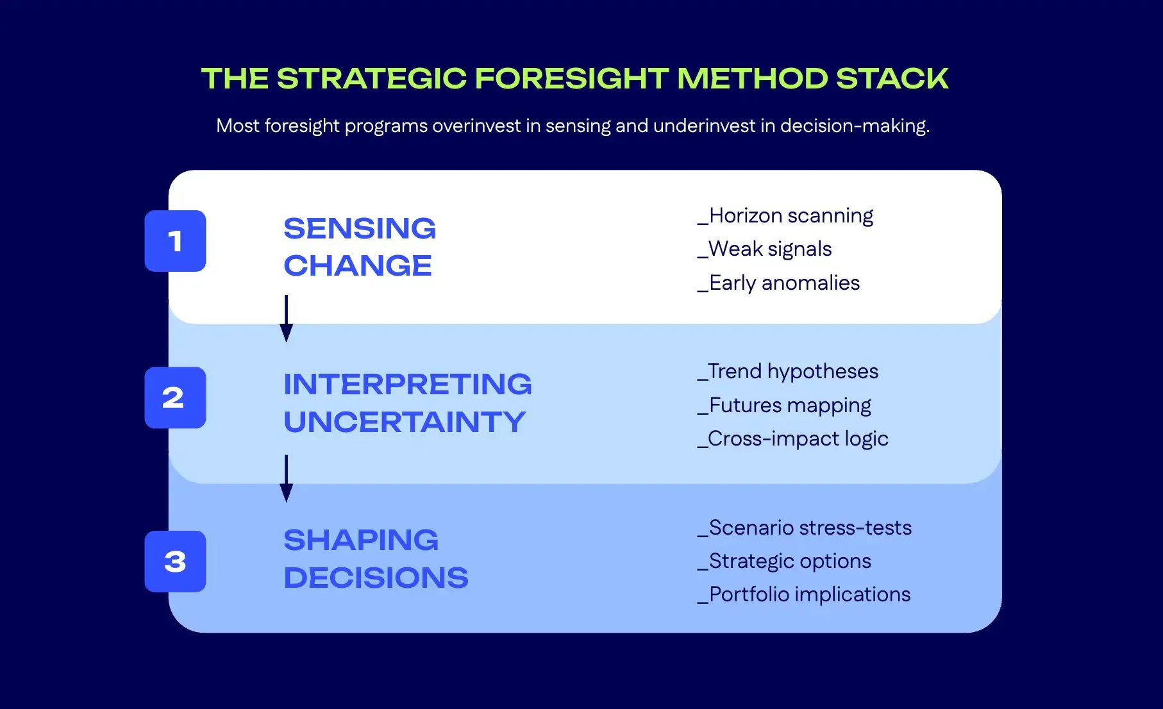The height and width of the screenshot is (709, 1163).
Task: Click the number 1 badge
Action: [x=175, y=241]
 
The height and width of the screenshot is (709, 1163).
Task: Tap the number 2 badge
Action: [x=175, y=397]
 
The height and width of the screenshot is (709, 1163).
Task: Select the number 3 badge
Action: [x=175, y=562]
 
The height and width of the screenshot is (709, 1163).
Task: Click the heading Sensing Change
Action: [x=359, y=247]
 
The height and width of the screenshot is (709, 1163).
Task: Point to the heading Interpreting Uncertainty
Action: [x=407, y=403]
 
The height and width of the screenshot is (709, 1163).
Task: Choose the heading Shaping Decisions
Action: [x=376, y=559]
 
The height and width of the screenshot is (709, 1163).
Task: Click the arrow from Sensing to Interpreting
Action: [x=287, y=318]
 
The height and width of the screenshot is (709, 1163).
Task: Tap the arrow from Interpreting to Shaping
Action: [x=287, y=478]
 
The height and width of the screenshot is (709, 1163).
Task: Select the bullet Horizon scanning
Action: [x=785, y=216]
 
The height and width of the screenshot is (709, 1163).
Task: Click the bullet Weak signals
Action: [x=765, y=249]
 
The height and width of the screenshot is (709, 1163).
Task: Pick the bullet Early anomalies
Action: [x=779, y=283]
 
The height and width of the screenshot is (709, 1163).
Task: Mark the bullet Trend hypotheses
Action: [x=788, y=372]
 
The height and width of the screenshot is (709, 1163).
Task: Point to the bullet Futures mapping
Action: [x=785, y=406]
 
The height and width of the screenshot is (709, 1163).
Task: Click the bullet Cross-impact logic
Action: [x=793, y=439]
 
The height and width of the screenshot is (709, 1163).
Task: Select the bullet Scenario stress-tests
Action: [x=805, y=528]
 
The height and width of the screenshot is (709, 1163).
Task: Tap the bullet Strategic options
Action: [x=785, y=562]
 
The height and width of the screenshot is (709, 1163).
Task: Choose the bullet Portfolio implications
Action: [x=804, y=595]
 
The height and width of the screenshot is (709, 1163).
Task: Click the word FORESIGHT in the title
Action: [x=571, y=79]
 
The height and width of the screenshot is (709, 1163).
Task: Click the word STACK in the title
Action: [x=892, y=79]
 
